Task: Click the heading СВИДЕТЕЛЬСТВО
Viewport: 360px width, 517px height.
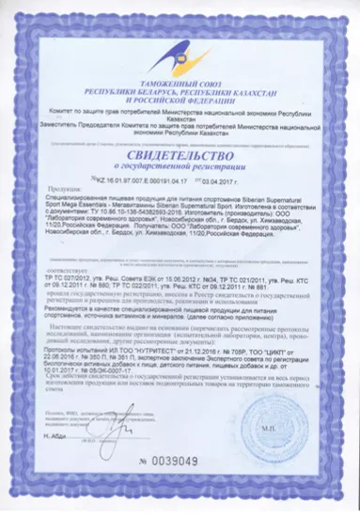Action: tap(179, 143)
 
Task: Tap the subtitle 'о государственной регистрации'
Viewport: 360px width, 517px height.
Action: tap(179, 157)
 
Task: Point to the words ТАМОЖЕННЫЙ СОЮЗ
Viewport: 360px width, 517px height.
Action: tap(179, 84)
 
